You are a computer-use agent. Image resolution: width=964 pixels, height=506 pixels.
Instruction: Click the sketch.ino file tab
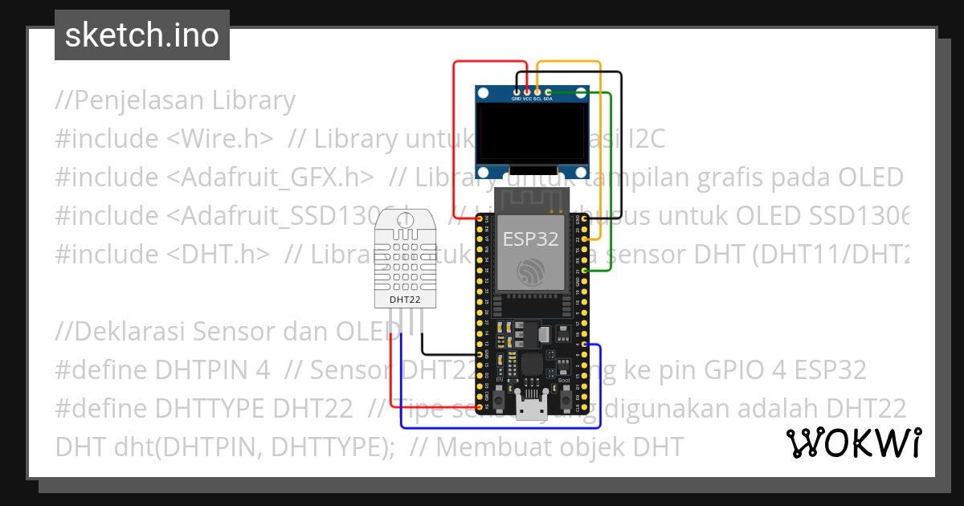click(141, 35)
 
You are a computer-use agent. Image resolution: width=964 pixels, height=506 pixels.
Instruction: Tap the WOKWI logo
click(853, 443)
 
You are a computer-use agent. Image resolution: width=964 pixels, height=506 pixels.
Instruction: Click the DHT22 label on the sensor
click(405, 300)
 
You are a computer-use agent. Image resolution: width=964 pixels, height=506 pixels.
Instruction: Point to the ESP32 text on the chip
click(530, 239)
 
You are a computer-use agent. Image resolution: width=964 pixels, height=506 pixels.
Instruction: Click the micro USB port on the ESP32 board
click(529, 410)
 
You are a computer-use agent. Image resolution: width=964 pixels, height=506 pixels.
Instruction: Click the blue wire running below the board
click(498, 428)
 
